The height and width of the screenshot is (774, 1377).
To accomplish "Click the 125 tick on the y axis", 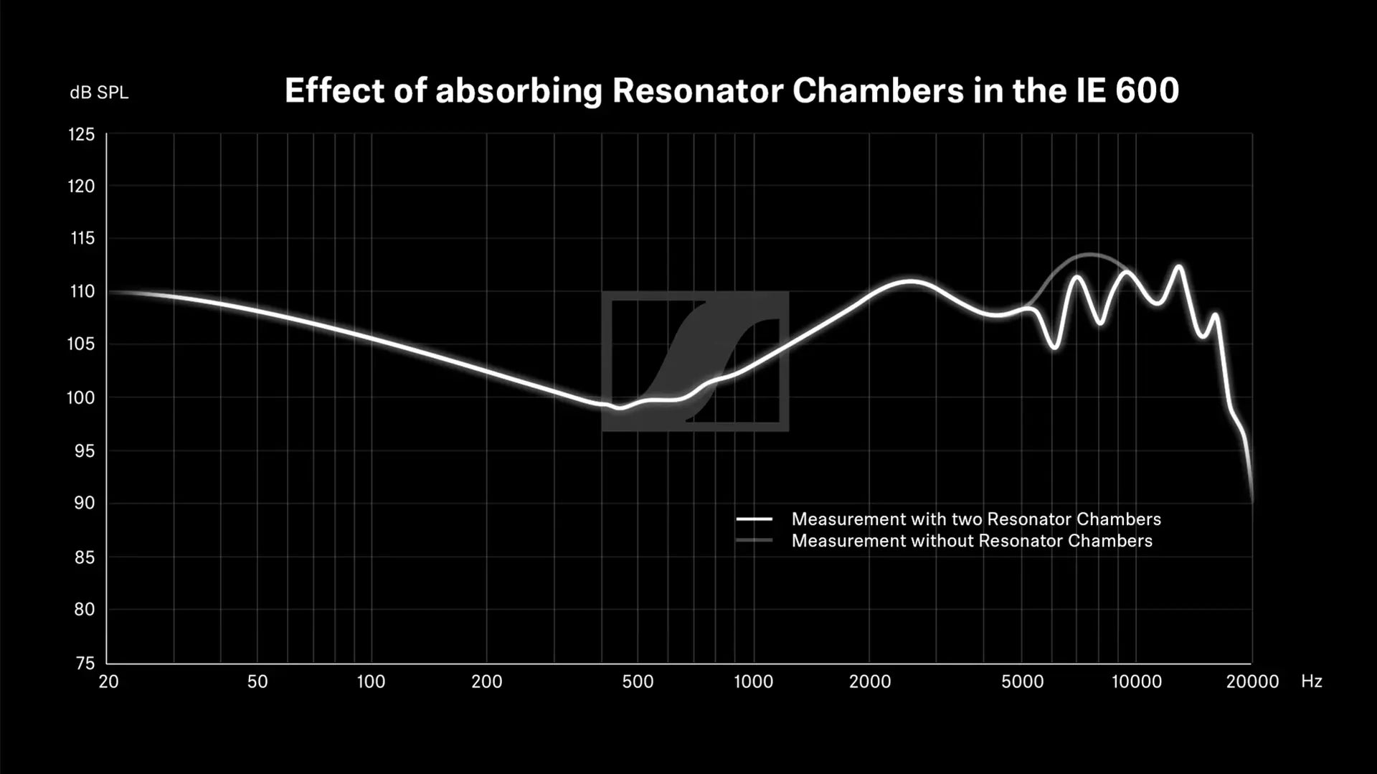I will pyautogui.click(x=81, y=135).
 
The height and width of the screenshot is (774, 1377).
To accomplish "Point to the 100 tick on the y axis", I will pyautogui.click(x=80, y=397).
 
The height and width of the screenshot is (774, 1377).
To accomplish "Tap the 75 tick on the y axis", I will pyautogui.click(x=85, y=664).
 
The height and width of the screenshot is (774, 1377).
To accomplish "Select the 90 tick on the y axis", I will pyautogui.click(x=84, y=503).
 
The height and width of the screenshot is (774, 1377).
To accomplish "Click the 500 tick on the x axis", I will pyautogui.click(x=638, y=681).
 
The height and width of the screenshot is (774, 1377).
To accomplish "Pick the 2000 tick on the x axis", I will pyautogui.click(x=870, y=681).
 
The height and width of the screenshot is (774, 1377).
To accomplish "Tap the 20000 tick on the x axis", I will pyautogui.click(x=1252, y=681).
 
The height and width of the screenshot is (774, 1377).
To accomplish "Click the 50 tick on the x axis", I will pyautogui.click(x=257, y=681).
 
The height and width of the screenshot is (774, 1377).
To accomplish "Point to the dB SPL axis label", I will pyautogui.click(x=99, y=93).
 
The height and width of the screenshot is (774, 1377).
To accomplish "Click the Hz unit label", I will pyautogui.click(x=1311, y=681).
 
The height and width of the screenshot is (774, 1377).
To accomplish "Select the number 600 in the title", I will pyautogui.click(x=1147, y=91).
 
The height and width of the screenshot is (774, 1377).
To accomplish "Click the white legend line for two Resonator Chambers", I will pyautogui.click(x=754, y=519).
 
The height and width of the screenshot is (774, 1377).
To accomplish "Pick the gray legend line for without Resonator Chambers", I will pyautogui.click(x=754, y=540).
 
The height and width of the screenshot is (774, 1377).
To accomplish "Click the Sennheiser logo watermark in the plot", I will pyautogui.click(x=695, y=361).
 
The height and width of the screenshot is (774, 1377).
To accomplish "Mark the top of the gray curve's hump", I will pyautogui.click(x=1089, y=255).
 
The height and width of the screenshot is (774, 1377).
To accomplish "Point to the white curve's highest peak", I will pyautogui.click(x=1178, y=266).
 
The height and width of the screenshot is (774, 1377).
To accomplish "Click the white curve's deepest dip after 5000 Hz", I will pyautogui.click(x=1054, y=348).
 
